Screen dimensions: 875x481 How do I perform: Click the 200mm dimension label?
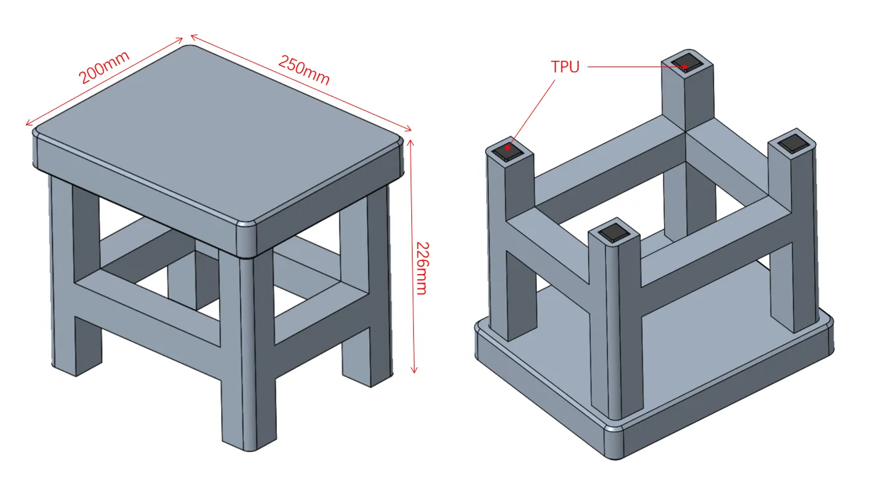pyautogui.click(x=104, y=67)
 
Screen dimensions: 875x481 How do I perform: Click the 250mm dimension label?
pyautogui.click(x=305, y=70)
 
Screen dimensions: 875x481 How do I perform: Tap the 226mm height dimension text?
pyautogui.click(x=422, y=268)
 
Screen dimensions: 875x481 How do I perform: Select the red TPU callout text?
pyautogui.click(x=565, y=67)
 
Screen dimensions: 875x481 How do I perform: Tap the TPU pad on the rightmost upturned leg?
pyautogui.click(x=794, y=143)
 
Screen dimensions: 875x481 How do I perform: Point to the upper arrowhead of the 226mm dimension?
pyautogui.click(x=410, y=143)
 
